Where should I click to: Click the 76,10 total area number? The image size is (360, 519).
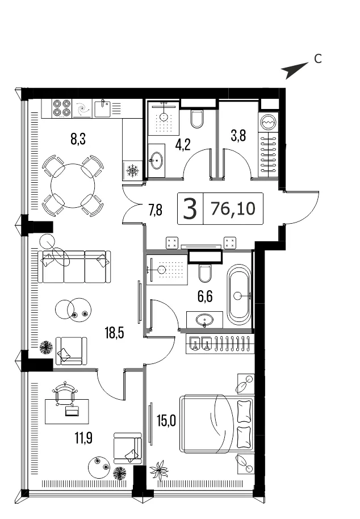pyautogui.click(x=233, y=208)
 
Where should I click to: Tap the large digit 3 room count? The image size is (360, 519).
pyautogui.click(x=190, y=209)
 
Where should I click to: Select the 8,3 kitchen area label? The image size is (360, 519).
pyautogui.click(x=78, y=139)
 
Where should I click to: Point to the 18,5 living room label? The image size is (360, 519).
pyautogui.click(x=115, y=333)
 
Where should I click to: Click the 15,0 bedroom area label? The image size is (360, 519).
pyautogui.click(x=166, y=421)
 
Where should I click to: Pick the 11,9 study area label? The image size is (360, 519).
pyautogui.click(x=83, y=438)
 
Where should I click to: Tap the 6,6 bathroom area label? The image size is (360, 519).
pyautogui.click(x=205, y=296)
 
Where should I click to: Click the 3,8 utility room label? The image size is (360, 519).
pyautogui.click(x=238, y=136)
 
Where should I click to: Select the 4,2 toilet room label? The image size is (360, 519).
pyautogui.click(x=183, y=145)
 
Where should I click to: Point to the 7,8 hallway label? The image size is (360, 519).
pyautogui.click(x=156, y=210)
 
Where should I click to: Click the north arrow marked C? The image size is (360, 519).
pyautogui.click(x=295, y=70)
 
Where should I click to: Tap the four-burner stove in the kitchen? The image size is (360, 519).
pyautogui.click(x=62, y=108)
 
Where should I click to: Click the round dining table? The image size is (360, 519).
pyautogui.click(x=73, y=186)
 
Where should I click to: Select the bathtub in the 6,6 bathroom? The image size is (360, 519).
pyautogui.click(x=239, y=295)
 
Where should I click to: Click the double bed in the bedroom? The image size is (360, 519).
pyautogui.click(x=217, y=424)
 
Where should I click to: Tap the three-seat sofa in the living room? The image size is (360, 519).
pyautogui.click(x=74, y=267)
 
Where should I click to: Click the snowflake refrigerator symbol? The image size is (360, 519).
pyautogui.click(x=132, y=171)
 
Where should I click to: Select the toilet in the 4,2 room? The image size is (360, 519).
pyautogui.click(x=197, y=119)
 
